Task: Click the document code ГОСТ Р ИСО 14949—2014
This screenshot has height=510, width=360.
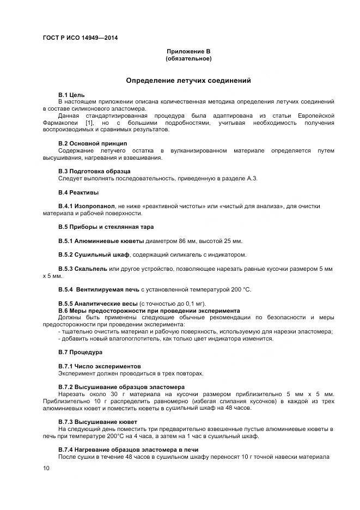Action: [x=80, y=38]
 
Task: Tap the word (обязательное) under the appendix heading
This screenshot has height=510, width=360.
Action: [x=188, y=58]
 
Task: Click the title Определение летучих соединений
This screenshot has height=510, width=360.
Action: [x=188, y=80]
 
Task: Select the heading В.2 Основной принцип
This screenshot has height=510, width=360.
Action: [x=93, y=143]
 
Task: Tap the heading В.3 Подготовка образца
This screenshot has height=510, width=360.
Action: [x=94, y=171]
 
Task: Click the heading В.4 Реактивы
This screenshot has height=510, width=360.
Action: [x=78, y=192]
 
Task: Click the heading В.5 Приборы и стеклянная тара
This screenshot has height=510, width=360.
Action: [x=106, y=227]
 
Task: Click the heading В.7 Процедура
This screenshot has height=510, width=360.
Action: [x=80, y=352]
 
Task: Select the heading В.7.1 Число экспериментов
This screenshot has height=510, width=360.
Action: [x=99, y=366]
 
